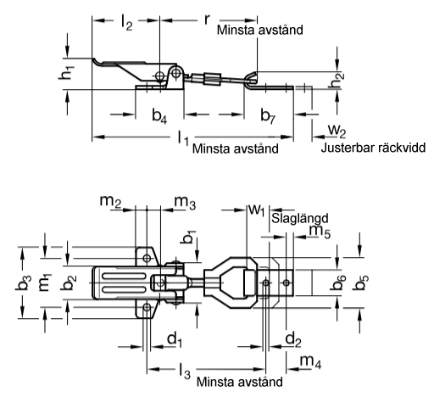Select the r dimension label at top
pos(207,20)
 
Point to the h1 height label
pos(66,72)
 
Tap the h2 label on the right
pos(337,80)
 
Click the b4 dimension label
pos(159,116)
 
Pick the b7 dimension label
pos(268,116)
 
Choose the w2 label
pos(337,131)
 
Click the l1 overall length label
pos(183,137)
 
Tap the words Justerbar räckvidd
pos(373,148)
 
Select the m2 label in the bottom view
pos(110,202)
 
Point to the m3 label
pos(185,203)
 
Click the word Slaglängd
pos(300,219)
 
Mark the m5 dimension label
pos(320,232)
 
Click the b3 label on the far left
pos(22,282)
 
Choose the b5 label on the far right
pos(361,282)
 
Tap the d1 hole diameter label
pos(175,339)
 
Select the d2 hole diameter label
pos(293,339)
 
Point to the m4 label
pos(310,362)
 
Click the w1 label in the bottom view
pos(257,210)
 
